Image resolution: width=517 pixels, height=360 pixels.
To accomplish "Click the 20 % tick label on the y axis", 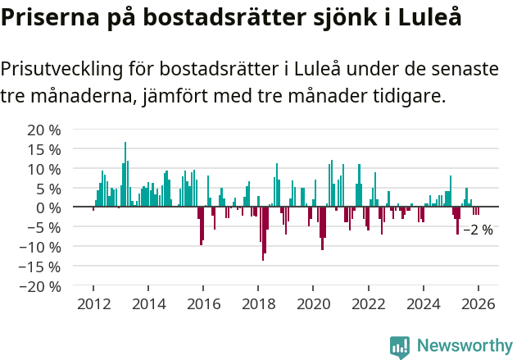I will [x=44, y=130].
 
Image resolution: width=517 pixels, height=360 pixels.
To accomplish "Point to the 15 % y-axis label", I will [x=44, y=149].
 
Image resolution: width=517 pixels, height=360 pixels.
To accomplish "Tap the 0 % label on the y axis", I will [x=48, y=207].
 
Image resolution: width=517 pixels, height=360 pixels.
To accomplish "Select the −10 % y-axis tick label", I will [x=41, y=247].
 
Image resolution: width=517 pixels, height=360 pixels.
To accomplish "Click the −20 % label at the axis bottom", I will [x=41, y=286].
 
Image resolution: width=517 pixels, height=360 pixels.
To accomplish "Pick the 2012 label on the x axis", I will [x=93, y=304].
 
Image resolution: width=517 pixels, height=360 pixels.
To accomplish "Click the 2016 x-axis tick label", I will [x=203, y=304].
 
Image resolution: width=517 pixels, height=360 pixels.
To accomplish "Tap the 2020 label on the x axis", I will [x=313, y=304].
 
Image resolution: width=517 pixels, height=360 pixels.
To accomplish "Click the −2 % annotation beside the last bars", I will [x=478, y=230].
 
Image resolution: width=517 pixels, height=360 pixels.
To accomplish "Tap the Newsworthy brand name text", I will [x=465, y=346].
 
